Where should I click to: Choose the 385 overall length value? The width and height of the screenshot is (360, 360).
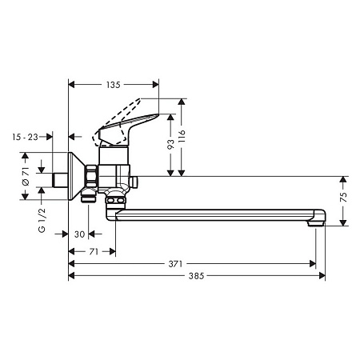[197, 276]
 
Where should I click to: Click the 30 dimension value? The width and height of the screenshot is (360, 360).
[78, 234]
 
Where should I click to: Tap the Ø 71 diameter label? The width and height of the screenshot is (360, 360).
[25, 175]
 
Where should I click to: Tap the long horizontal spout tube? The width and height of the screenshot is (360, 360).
[216, 214]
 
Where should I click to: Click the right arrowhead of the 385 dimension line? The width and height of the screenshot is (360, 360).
[323, 276]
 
